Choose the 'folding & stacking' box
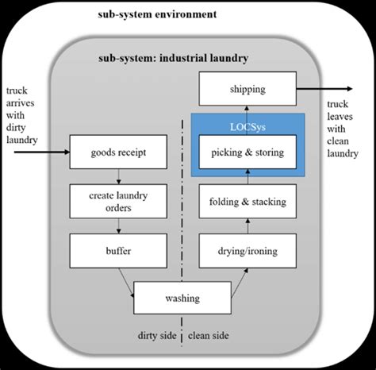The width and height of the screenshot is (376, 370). tap(246, 201)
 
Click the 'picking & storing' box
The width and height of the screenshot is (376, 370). tap(246, 151)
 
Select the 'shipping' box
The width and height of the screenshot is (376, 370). tap(246, 89)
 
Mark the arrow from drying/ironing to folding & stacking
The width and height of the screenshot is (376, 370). tap(246, 225)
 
